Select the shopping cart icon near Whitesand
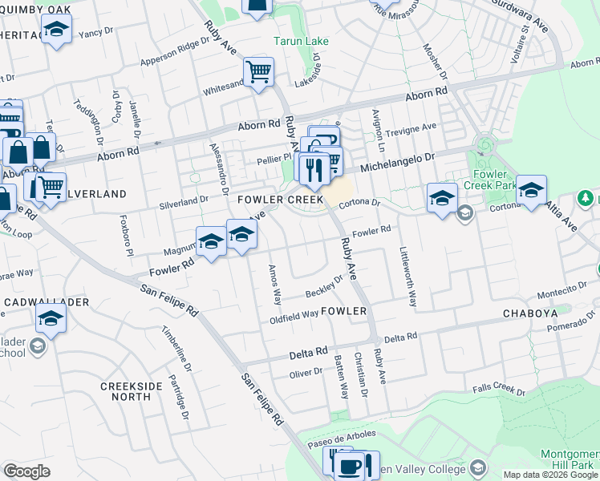coord(259,73)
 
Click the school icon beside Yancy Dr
coord(56,31)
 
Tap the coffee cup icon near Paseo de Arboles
coord(350,466)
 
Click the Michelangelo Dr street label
coord(396,164)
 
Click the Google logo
coord(26,471)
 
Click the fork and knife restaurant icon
coord(314,169)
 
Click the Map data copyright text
coord(551,475)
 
